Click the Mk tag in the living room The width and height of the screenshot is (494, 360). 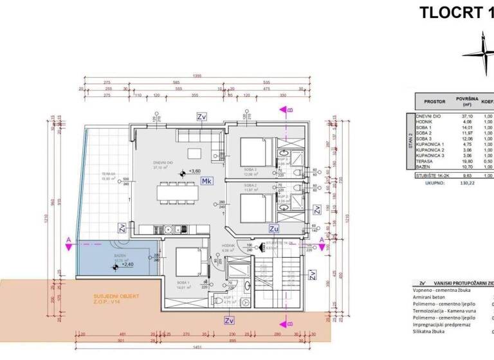click(x=207, y=181)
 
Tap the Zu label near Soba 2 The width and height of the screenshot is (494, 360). click(x=273, y=228)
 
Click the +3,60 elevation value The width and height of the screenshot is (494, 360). click(x=195, y=172)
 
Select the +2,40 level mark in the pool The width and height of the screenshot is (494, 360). click(x=129, y=264)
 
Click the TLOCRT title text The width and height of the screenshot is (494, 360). click(x=450, y=13)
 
